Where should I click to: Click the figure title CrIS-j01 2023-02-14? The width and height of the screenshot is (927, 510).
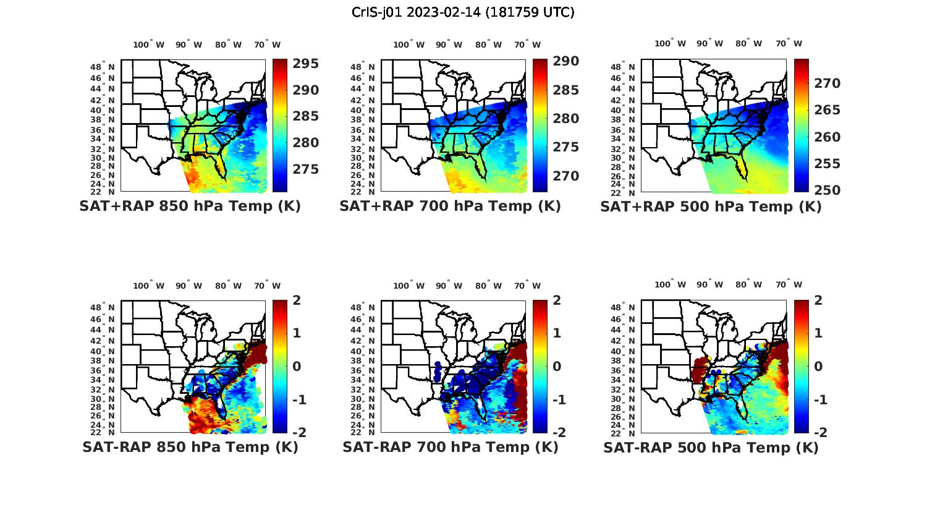click(463, 12)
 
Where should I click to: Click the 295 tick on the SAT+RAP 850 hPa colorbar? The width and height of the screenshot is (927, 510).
click(306, 64)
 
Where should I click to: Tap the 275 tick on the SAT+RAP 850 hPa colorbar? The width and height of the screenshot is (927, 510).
click(306, 169)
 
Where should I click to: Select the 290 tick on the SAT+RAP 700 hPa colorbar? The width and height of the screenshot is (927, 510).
click(567, 61)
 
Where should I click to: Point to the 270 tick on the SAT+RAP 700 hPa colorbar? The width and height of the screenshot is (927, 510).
click(567, 176)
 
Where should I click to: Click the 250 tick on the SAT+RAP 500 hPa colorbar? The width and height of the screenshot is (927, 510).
click(827, 190)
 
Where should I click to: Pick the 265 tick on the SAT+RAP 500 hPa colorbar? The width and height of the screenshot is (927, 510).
click(827, 110)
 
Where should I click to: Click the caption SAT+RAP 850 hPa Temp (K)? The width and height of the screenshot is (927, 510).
click(190, 206)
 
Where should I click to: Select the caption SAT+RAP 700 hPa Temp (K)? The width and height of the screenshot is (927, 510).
click(450, 206)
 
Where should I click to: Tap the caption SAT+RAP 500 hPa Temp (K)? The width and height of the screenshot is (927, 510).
click(711, 206)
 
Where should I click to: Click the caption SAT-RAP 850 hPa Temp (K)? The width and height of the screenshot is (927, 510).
click(190, 447)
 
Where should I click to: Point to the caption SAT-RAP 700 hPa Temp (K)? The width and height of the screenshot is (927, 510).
click(450, 447)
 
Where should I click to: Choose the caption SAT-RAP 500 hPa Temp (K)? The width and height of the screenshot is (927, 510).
click(711, 447)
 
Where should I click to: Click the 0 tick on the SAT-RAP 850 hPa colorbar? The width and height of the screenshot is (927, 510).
click(297, 366)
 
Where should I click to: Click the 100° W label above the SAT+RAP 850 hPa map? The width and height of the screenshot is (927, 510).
click(149, 45)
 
